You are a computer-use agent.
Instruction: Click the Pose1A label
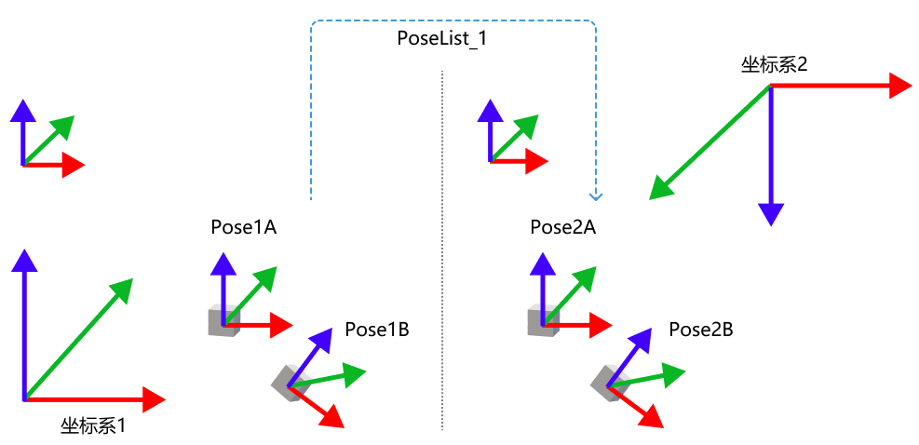pos(244,227)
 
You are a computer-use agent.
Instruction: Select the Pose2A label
pos(562,227)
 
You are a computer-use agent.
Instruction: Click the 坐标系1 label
pos(93,426)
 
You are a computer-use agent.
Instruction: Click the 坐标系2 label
pos(774,64)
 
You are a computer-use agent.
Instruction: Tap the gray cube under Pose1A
pos(223,321)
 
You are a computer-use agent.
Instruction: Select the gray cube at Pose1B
pos(289,382)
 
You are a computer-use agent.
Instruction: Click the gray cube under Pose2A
pos(542,321)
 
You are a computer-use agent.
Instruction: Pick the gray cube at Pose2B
pos(608,382)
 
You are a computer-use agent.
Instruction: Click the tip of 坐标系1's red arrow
pos(158,399)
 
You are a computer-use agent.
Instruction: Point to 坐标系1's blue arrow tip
pos(24,253)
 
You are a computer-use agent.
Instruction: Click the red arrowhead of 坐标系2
pos(904,86)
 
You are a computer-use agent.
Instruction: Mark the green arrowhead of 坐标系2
pos(657,193)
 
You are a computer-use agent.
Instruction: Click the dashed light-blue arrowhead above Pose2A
pos(596,196)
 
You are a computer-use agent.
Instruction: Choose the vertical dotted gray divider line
pos(442,279)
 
